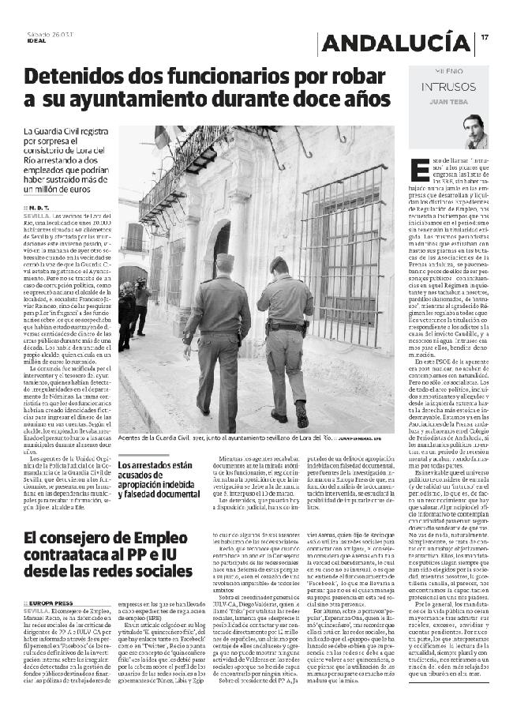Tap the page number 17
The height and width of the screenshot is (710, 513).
point(485,36)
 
